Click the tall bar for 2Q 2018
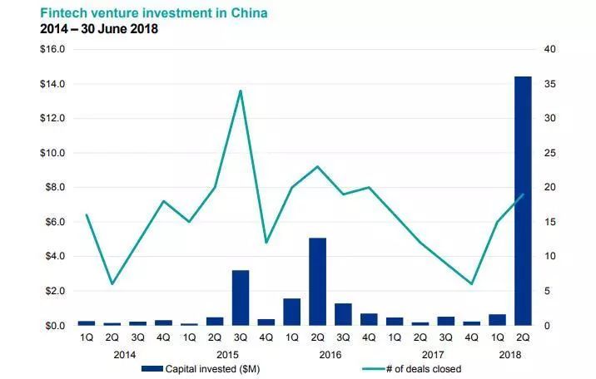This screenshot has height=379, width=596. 523,199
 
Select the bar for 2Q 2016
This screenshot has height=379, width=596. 317,281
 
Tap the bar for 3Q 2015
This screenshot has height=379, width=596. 241,298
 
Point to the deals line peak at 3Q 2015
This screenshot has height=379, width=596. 241,91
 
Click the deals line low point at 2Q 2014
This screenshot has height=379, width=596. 112,284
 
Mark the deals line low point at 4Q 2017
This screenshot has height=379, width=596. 472,284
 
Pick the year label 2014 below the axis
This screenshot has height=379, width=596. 124,353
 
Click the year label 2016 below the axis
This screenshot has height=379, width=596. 330,353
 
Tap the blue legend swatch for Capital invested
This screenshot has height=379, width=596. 152,368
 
